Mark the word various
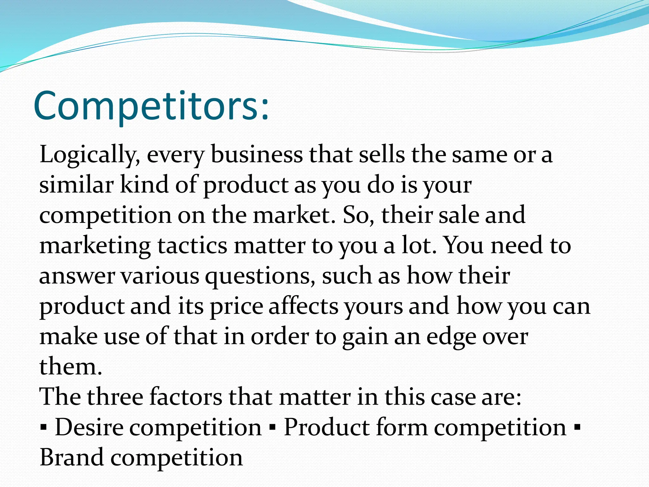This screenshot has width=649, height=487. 160,276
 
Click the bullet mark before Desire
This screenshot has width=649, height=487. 43,428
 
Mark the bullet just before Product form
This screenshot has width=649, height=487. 272,428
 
